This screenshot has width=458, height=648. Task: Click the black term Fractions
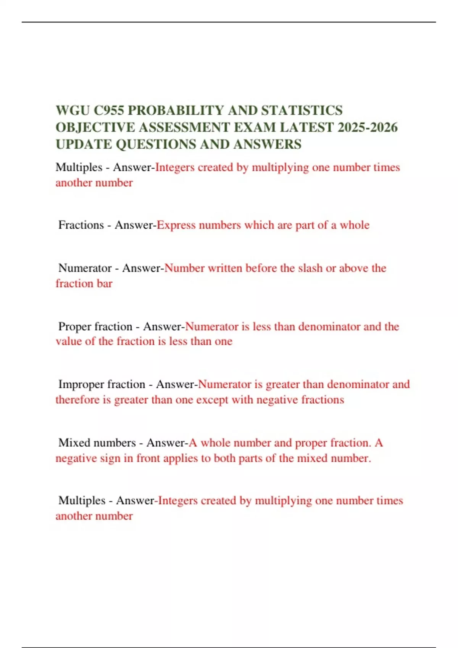(81, 225)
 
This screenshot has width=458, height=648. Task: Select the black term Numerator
(85, 268)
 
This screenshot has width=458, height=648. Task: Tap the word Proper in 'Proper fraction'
(74, 327)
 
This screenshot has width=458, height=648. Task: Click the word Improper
(82, 384)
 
